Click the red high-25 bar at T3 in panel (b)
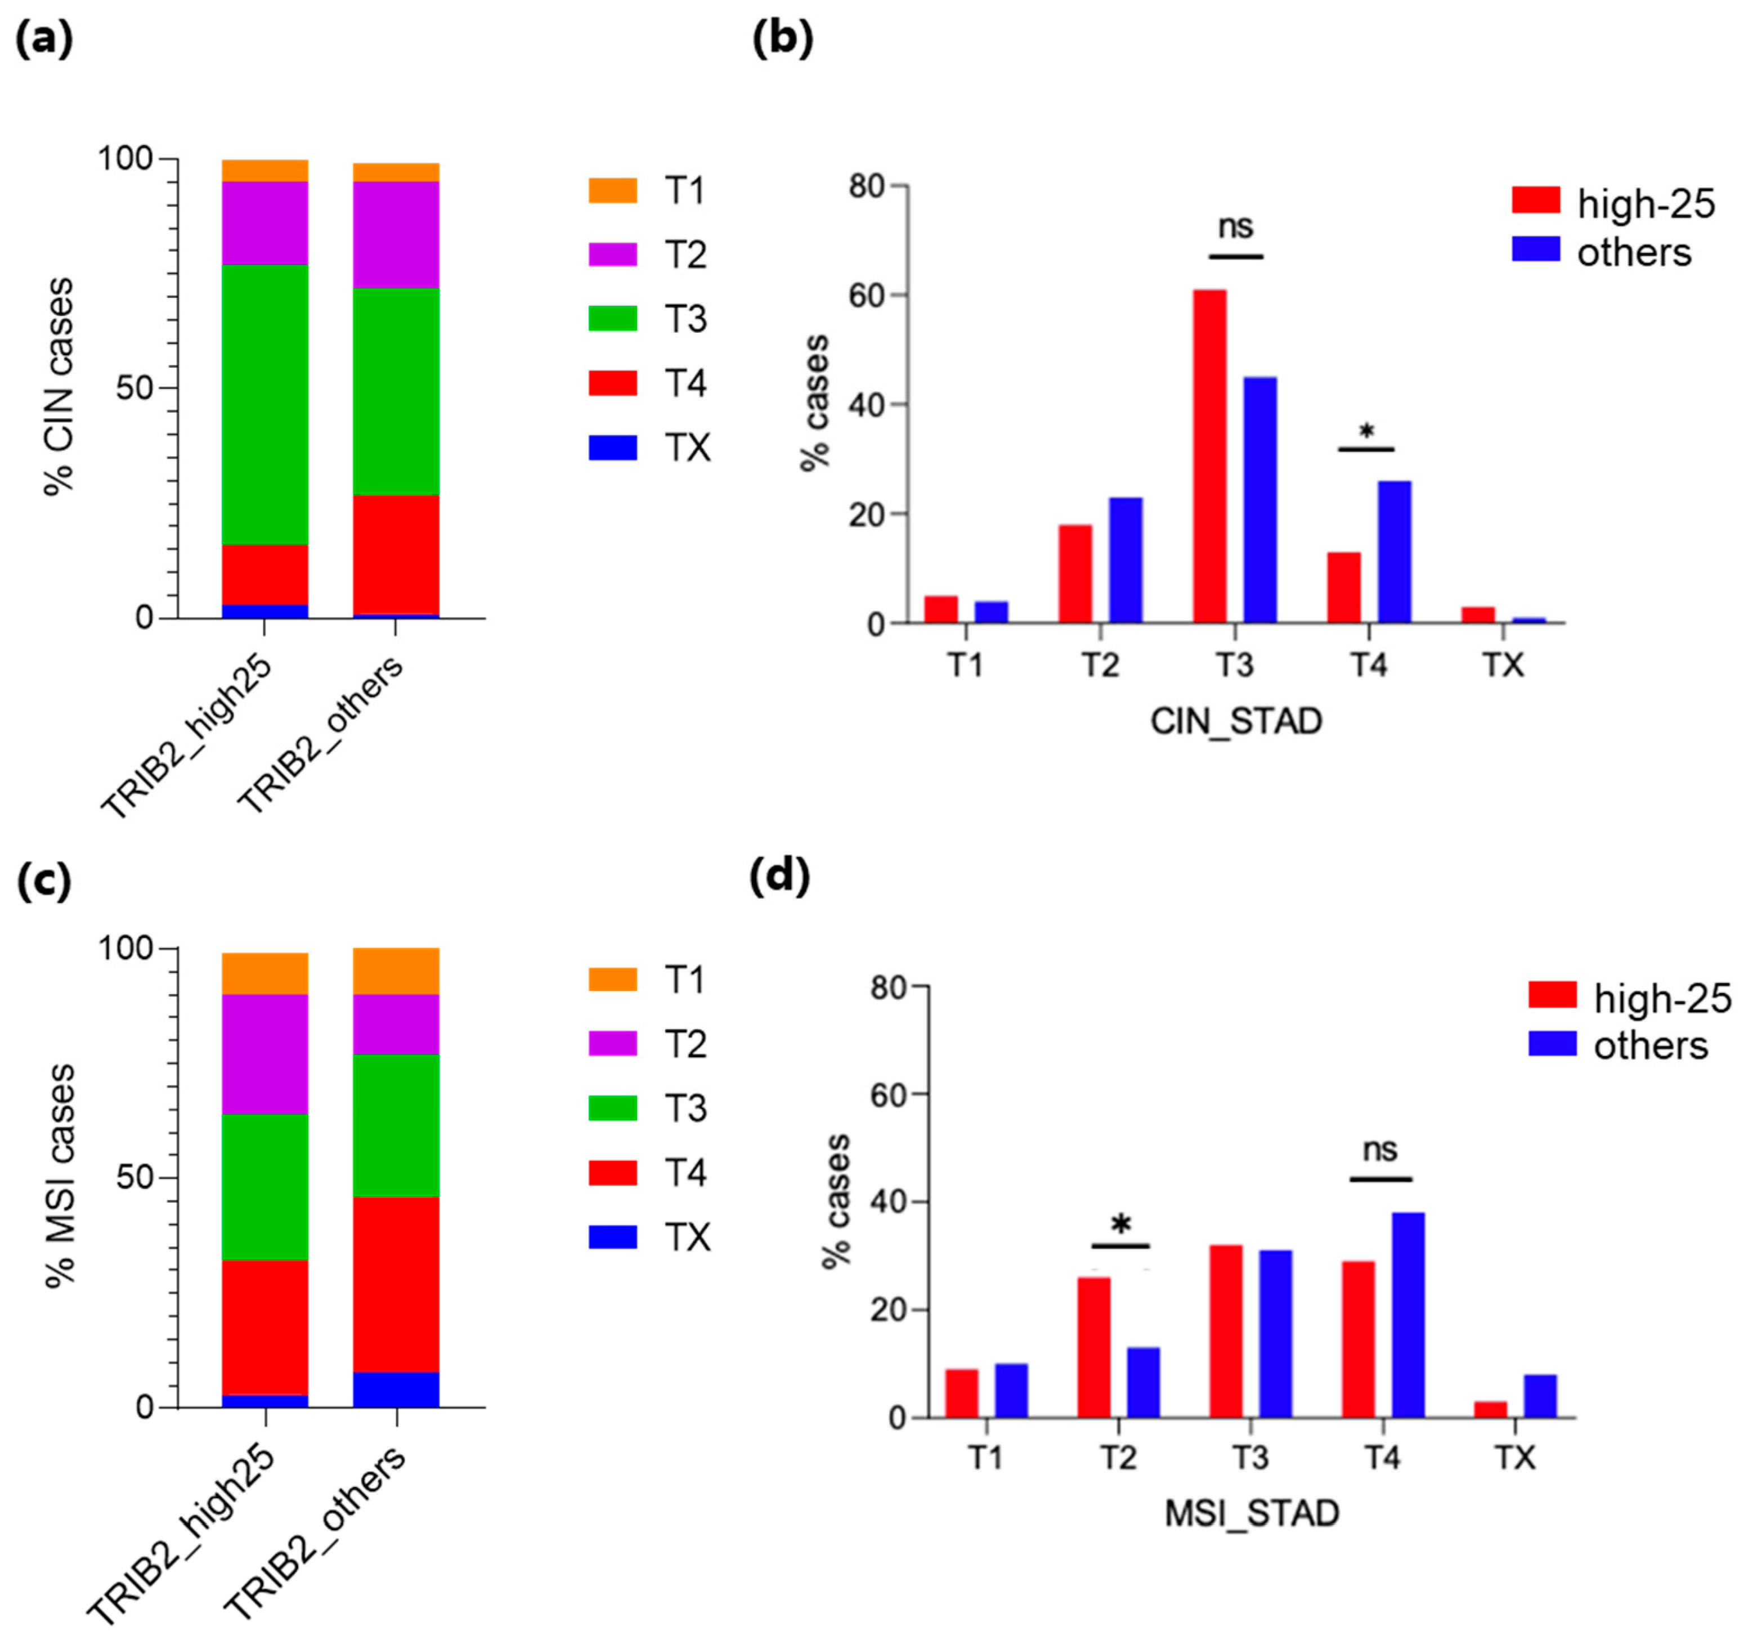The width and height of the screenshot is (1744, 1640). [x=1210, y=456]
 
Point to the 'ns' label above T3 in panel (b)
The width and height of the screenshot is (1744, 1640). [x=1235, y=227]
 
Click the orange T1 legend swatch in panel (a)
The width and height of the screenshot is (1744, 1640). [x=612, y=190]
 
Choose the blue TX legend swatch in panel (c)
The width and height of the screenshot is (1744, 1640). [x=612, y=1237]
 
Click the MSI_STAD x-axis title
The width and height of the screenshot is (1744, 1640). [x=1251, y=1514]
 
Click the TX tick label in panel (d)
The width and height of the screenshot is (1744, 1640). [x=1514, y=1458]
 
